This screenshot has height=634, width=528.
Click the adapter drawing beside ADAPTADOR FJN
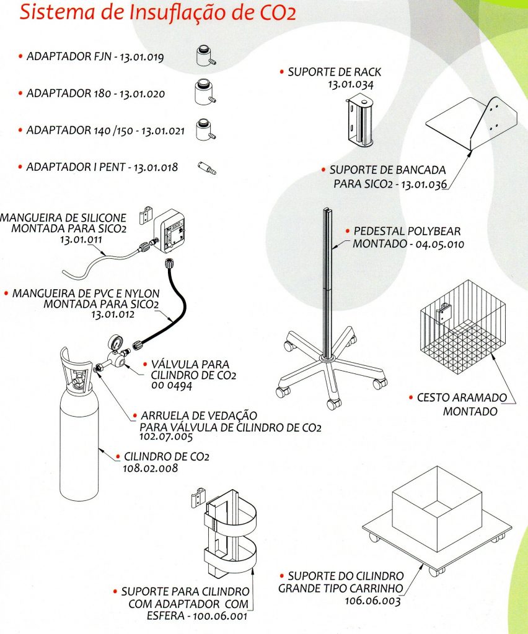coord(206,56)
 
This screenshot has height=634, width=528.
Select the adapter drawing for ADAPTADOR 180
coord(206,93)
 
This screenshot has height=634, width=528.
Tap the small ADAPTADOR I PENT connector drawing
coord(207,167)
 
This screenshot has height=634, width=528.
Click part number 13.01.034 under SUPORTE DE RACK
coord(350,84)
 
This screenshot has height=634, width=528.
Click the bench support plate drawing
coord(472,123)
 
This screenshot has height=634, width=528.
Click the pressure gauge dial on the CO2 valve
coord(115,343)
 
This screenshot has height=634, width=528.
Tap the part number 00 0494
coord(172,386)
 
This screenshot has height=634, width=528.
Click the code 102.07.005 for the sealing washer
coord(166,437)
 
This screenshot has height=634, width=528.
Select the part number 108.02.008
coord(150,468)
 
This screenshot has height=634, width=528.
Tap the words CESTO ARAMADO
coord(462,398)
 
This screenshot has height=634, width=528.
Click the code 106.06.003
coord(372,601)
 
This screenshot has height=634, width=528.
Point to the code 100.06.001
coord(220,617)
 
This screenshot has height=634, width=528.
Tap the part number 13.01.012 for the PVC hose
coord(113,315)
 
